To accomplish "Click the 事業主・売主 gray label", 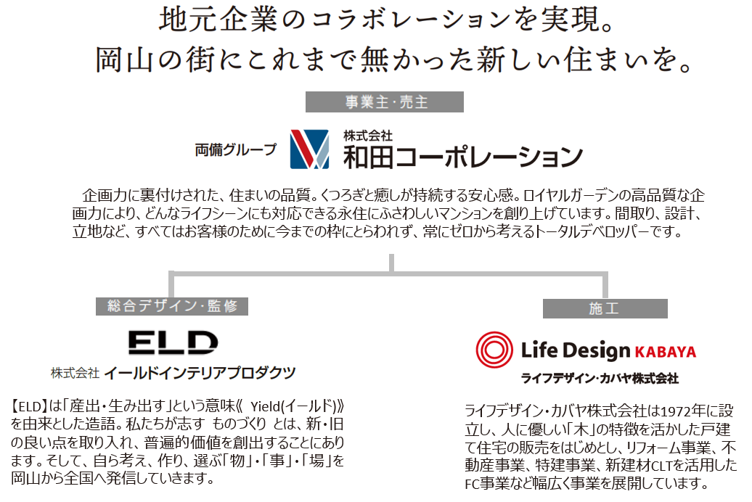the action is (x=385, y=102).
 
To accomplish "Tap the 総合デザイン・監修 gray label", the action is (x=172, y=305).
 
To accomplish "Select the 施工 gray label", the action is (x=605, y=308).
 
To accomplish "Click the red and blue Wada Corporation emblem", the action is (x=309, y=150).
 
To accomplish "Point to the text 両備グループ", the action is (x=236, y=150).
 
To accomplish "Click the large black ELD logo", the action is (x=173, y=343).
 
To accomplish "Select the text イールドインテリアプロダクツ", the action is (x=200, y=372).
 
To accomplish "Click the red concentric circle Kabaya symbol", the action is (x=496, y=351).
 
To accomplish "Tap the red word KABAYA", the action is (x=666, y=353).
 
